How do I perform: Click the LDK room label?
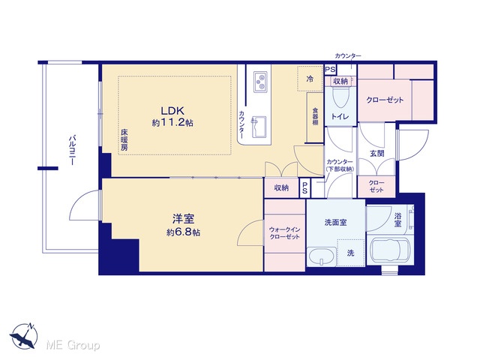[x=172, y=110]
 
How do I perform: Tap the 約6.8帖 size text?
[x=183, y=232]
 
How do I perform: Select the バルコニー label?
[x=72, y=150]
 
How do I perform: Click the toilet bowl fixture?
[x=340, y=97]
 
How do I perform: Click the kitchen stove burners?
[x=260, y=82]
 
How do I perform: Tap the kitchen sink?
[x=259, y=127]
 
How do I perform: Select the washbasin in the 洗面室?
[x=321, y=256]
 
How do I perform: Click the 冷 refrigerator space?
[x=310, y=79]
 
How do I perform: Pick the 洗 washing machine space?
[x=350, y=253]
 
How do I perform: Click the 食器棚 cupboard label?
[x=315, y=117]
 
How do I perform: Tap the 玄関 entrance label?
[x=376, y=153]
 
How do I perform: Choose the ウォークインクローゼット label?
[x=284, y=233]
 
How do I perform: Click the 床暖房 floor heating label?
[x=124, y=140]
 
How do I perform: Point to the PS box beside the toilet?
[x=330, y=70]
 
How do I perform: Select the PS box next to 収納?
[x=305, y=188]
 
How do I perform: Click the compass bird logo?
[x=24, y=337]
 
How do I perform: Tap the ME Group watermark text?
[x=73, y=345]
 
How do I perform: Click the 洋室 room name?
[x=183, y=219]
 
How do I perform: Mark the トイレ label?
[x=340, y=117]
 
